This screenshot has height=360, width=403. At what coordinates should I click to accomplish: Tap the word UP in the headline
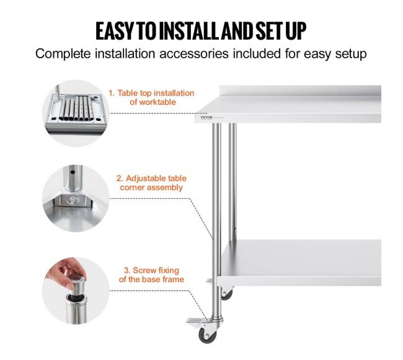296,31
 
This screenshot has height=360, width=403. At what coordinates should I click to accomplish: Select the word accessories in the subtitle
194,54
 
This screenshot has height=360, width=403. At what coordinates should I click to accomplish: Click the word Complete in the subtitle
63,54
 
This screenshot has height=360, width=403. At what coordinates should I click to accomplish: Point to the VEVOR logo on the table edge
206,117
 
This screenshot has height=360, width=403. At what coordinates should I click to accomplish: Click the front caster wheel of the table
208,336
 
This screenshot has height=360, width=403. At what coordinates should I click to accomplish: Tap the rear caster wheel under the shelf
227,294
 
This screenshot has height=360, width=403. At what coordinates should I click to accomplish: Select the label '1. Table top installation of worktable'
151,97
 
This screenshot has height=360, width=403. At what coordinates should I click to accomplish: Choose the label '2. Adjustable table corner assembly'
151,183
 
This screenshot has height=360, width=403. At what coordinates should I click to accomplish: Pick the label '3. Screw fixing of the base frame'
151,274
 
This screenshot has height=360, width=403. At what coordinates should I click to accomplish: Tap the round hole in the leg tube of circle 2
73,172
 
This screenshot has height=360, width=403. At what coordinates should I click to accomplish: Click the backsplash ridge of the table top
300,91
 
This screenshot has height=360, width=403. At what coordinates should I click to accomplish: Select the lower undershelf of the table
299,263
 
